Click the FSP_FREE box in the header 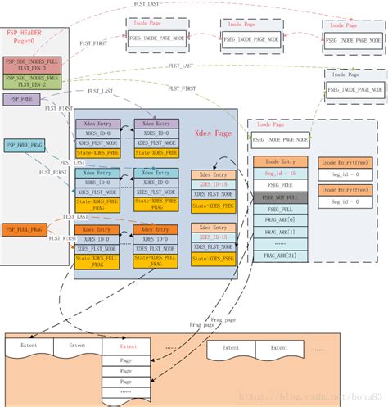click(20, 98)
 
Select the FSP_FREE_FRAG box click(23, 145)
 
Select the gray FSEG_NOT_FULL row click(280, 197)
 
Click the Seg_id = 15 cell click(280, 174)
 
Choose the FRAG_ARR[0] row click(280, 220)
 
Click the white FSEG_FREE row click(280, 186)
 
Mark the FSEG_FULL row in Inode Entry click(280, 209)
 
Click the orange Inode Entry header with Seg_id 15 click(280, 162)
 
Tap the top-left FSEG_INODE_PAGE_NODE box click(156, 38)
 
